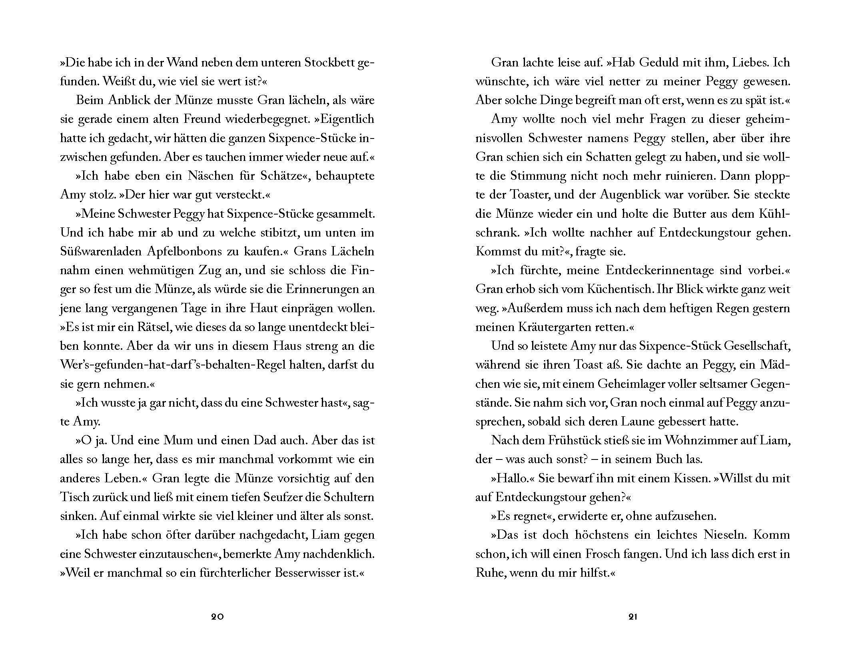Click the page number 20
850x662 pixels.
tap(217, 617)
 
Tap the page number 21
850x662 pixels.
tap(633, 617)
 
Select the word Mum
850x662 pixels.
tap(173, 441)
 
